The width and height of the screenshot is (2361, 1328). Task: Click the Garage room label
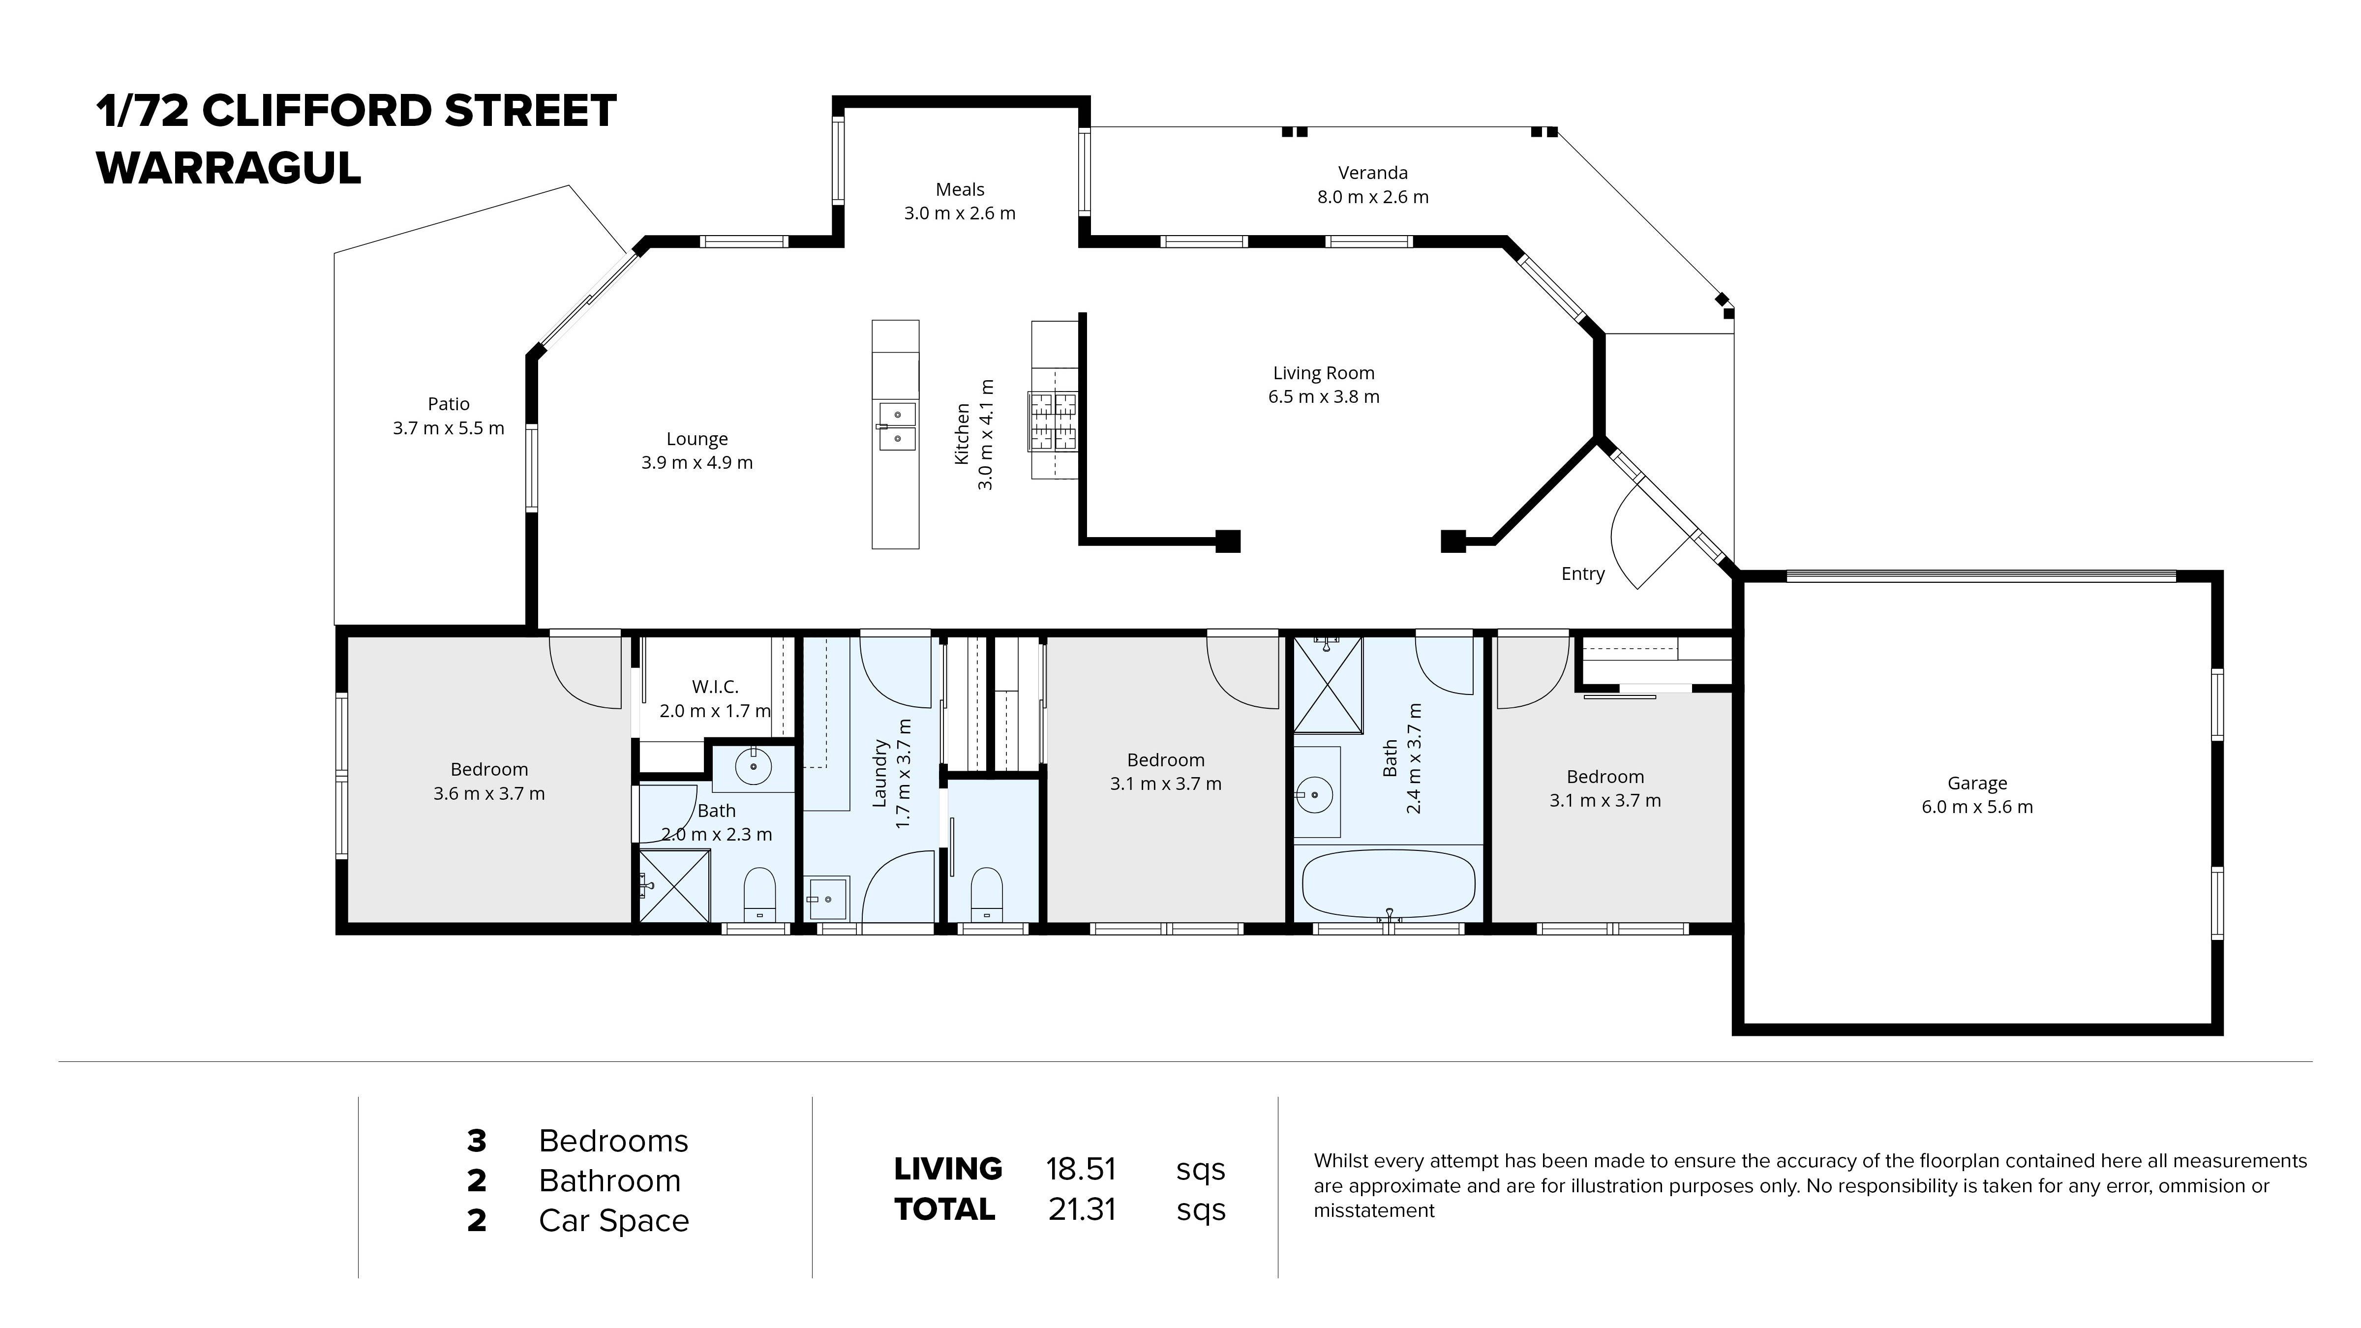(1977, 783)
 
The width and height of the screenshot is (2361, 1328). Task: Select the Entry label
(1583, 573)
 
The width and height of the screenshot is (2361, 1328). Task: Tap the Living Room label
(1324, 373)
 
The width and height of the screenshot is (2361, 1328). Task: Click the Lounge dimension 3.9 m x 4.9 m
(696, 463)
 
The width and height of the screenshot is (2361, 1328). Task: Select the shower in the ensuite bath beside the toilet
(674, 885)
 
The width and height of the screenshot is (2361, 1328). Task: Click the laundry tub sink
(828, 898)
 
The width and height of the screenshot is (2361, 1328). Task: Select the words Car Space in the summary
(613, 1221)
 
